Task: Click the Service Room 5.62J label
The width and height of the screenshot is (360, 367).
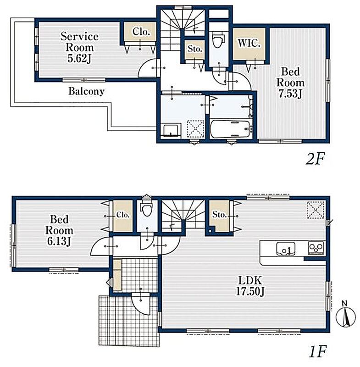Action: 79,48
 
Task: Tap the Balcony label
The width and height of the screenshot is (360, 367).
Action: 86,91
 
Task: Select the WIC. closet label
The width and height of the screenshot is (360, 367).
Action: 249,43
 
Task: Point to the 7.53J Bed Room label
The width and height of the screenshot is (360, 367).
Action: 290,83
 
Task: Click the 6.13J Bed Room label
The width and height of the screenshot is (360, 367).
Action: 59,231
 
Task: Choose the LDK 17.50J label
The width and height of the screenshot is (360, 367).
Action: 250,286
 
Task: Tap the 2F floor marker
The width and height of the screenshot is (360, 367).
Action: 315,159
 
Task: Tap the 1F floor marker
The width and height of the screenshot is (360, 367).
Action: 317,351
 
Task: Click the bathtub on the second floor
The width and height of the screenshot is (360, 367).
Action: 230,129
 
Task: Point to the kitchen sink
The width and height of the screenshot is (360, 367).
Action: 286,249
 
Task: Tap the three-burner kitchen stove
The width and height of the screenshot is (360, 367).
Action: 316,248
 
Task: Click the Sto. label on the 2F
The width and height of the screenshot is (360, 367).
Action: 195,49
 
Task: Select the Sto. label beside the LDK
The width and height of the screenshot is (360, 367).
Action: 219,214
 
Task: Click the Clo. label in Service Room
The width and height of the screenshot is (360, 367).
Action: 141,32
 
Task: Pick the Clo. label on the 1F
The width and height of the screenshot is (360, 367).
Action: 123,215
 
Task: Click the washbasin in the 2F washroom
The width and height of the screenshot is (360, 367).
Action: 172,130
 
